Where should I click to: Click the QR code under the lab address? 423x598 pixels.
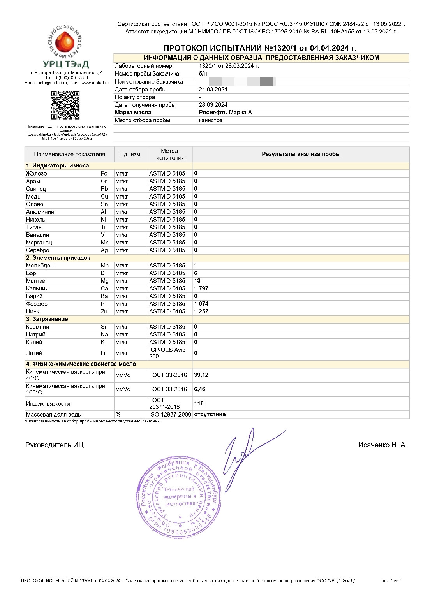click(65, 105)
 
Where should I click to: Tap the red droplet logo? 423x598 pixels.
click(65, 42)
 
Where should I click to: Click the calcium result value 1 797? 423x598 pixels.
click(201, 288)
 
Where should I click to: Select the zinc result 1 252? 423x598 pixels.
click(201, 311)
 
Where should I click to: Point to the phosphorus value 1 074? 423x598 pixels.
click(201, 304)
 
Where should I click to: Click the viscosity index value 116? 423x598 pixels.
click(199, 403)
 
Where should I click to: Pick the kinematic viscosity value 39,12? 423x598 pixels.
click(201, 375)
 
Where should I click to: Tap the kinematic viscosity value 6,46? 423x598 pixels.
click(199, 389)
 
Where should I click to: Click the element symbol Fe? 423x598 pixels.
click(104, 174)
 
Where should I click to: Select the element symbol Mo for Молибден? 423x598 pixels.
click(104, 266)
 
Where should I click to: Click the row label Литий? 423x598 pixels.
click(34, 353)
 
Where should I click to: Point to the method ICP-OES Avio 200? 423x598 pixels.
click(167, 353)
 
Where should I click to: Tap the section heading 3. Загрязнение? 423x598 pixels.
click(47, 319)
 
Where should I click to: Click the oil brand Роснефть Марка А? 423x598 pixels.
click(225, 112)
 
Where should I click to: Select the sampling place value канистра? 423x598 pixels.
click(210, 120)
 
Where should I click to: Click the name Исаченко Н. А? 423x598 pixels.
click(382, 445)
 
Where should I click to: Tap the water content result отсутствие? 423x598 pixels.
click(210, 414)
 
